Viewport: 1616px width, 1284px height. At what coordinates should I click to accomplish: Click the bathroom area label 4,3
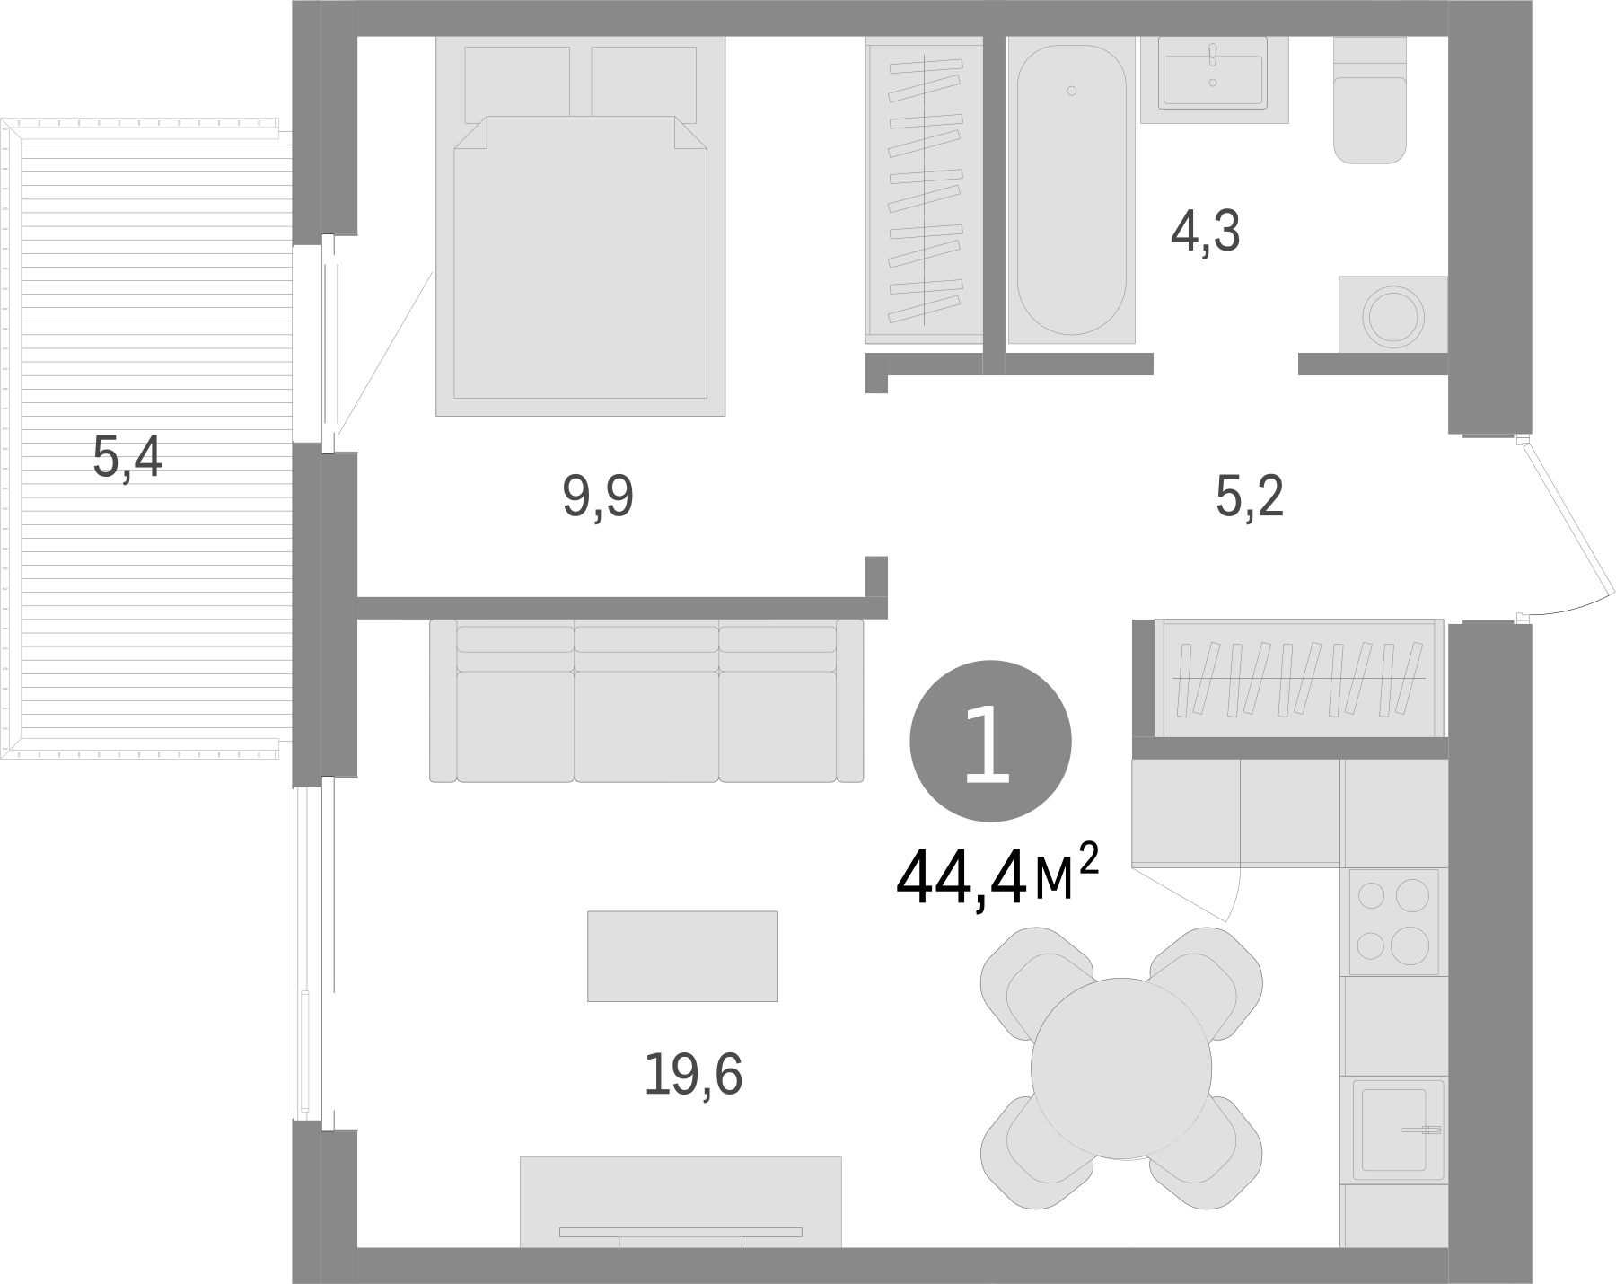[1205, 233]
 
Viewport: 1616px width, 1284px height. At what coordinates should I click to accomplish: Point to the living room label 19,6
[693, 1075]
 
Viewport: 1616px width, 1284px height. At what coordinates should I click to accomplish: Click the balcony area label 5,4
[127, 457]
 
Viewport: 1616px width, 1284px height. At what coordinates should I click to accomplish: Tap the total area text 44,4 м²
[997, 877]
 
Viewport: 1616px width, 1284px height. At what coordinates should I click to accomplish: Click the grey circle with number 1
[990, 741]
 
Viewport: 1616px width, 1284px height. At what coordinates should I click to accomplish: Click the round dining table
[1120, 1069]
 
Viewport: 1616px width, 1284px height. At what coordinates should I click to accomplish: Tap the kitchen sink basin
[1393, 1129]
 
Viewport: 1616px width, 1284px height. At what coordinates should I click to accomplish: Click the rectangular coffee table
[682, 955]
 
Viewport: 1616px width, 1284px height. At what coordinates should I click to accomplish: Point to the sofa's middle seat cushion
[646, 723]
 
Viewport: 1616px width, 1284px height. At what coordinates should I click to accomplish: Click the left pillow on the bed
[517, 84]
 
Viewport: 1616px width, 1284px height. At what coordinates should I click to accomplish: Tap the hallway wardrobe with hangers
[1299, 678]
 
